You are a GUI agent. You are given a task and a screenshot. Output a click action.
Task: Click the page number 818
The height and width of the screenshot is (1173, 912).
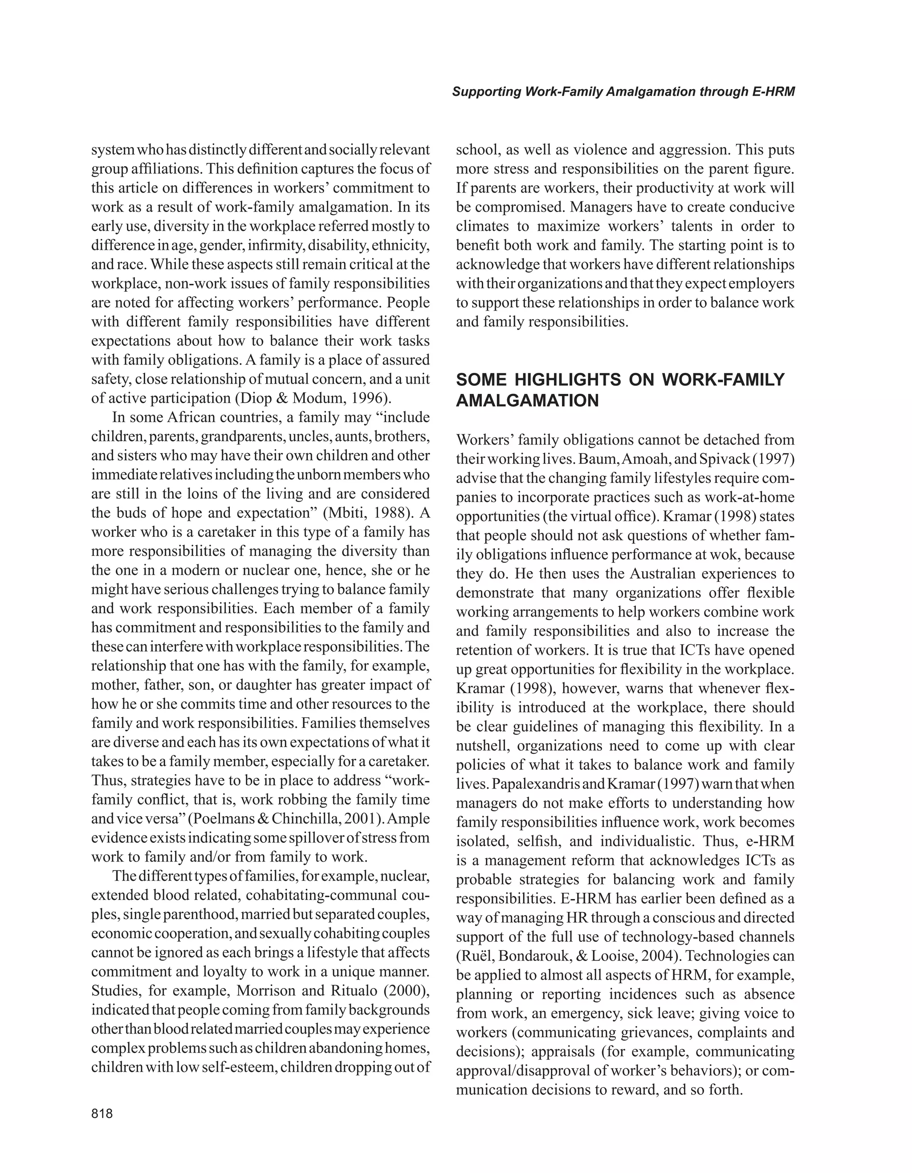pos(102,1114)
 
